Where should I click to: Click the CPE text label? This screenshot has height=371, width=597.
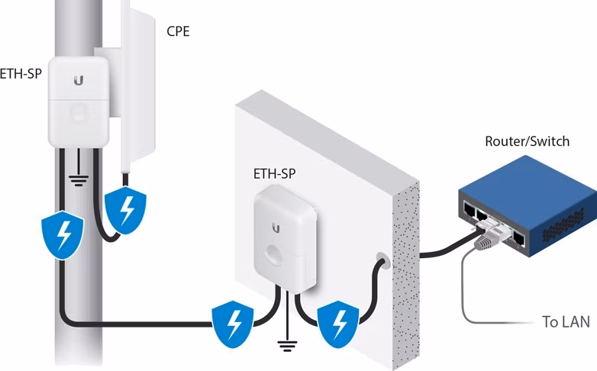pyautogui.click(x=178, y=31)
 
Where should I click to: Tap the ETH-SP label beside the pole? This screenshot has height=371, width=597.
pyautogui.click(x=21, y=73)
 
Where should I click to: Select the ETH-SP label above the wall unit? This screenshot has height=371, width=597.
pyautogui.click(x=274, y=174)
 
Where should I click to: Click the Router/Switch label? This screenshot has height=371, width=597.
pyautogui.click(x=528, y=141)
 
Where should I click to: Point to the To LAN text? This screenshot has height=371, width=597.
pyautogui.click(x=566, y=322)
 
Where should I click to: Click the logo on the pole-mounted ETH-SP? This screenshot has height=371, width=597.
pyautogui.click(x=79, y=80)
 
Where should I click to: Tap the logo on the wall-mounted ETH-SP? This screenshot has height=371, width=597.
pyautogui.click(x=276, y=228)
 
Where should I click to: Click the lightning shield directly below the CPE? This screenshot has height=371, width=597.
pyautogui.click(x=125, y=210)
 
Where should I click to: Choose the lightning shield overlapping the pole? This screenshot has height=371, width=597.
pyautogui.click(x=63, y=234)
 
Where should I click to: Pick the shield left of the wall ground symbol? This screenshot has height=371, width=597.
pyautogui.click(x=233, y=324)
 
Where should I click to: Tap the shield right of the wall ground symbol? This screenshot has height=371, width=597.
pyautogui.click(x=338, y=324)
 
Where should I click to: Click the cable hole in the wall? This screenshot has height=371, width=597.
pyautogui.click(x=382, y=260)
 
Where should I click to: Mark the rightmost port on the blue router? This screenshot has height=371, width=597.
pyautogui.click(x=518, y=239)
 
